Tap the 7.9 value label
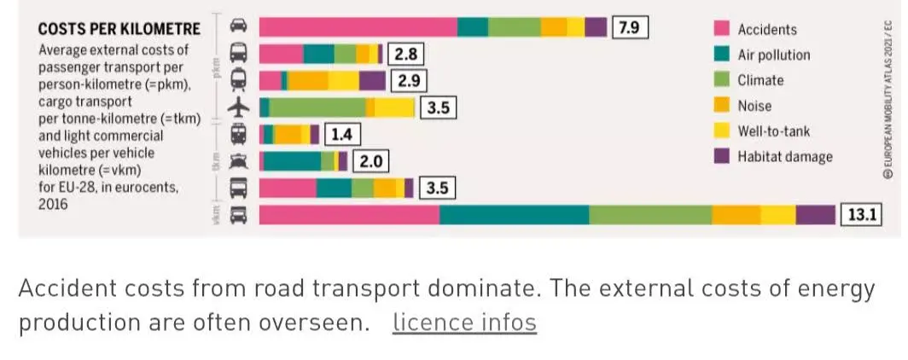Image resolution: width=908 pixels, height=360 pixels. point(629,27)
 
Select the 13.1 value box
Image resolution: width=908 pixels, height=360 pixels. point(861,214)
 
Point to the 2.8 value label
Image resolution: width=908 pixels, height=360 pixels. point(405,55)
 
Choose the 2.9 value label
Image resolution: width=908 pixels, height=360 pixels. point(406,81)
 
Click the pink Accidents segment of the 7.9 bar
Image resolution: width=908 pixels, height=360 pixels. point(358,27)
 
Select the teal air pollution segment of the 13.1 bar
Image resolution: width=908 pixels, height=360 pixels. point(514,214)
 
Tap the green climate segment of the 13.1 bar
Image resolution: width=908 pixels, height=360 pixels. point(650,214)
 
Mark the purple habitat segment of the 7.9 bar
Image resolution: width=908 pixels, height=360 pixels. point(596,27)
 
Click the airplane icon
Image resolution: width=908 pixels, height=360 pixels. point(240,107)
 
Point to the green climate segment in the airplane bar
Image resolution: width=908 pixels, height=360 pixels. point(317,107)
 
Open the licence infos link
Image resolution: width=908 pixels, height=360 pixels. point(464,322)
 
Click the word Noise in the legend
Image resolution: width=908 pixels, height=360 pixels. point(754,106)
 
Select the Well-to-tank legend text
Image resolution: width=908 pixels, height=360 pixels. point(774,131)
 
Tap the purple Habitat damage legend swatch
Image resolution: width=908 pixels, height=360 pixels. point(722,157)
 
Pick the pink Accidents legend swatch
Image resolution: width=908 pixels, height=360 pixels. point(722,29)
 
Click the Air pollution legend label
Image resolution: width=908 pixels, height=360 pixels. point(774,55)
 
